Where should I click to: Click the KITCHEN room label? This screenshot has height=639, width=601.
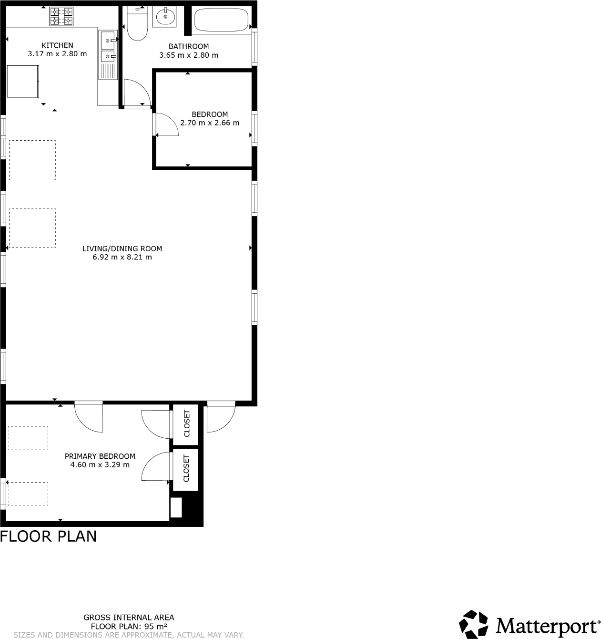pos(57,45)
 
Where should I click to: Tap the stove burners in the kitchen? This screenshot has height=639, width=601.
pos(61,16)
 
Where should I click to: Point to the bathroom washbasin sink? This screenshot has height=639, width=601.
pos(164,17)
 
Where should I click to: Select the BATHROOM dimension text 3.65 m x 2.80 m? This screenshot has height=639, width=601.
pos(189,55)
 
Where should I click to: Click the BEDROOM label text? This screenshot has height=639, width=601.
pos(210,114)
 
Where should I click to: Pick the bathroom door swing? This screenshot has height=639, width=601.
pos(136,93)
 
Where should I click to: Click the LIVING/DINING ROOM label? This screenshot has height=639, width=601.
pos(122,248)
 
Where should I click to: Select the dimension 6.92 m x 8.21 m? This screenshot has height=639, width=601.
pos(122,257)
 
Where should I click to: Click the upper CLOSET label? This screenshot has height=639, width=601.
pos(186,423)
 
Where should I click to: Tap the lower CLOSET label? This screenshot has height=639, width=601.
pos(186,468)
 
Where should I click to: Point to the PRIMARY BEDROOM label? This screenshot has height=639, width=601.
pos(100,456)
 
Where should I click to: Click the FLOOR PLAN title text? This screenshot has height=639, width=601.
pos(48,536)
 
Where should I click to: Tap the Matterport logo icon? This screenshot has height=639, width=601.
pos(474,624)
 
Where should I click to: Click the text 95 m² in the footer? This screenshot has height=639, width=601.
pos(156,626)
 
